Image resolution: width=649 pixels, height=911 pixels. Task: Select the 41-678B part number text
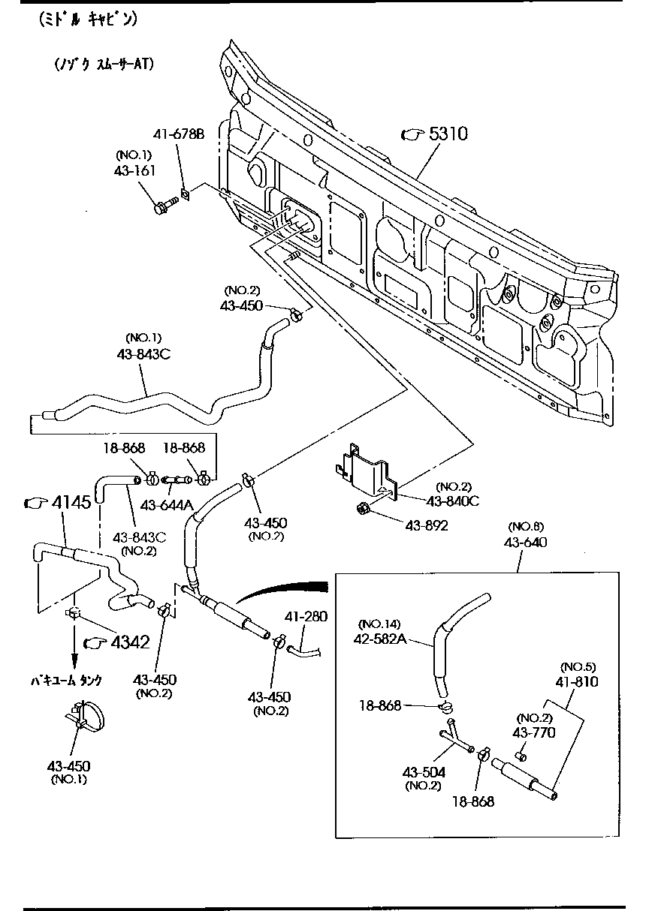pos(179,135)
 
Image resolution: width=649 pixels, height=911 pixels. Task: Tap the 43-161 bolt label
pos(135,172)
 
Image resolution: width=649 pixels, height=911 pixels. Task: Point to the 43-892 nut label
pos(427,526)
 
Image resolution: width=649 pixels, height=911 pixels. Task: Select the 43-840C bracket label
pos(452,501)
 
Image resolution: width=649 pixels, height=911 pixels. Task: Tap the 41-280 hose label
pos(306,617)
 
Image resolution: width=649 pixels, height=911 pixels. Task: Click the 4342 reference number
pos(129,642)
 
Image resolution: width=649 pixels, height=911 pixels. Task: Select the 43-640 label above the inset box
pos(525,543)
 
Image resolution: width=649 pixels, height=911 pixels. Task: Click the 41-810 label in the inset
pos(577,682)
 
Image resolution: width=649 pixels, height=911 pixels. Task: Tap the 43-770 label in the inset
pos(534,732)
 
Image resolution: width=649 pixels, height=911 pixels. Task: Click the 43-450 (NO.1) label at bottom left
pos(69,766)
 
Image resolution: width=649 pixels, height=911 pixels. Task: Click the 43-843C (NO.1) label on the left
pos(143,354)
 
